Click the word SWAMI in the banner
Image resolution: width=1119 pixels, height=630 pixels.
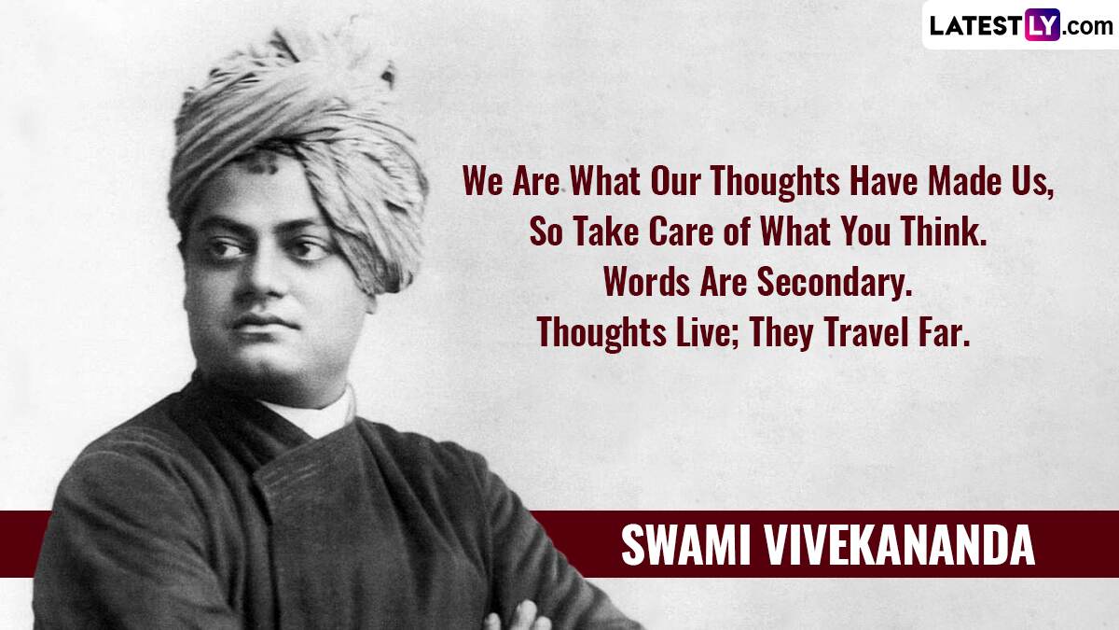[686, 545]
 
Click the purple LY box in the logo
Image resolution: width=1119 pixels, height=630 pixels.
[1042, 24]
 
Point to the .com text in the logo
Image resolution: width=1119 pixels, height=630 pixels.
[1087, 27]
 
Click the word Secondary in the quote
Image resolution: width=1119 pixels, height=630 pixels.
[835, 282]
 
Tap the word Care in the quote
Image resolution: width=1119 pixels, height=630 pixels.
[681, 231]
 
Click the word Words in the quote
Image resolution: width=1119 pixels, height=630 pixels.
[647, 282]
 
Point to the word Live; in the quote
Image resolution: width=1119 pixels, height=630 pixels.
[709, 331]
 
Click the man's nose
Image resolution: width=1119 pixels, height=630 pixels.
[260, 280]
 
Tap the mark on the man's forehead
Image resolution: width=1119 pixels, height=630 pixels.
[261, 162]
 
